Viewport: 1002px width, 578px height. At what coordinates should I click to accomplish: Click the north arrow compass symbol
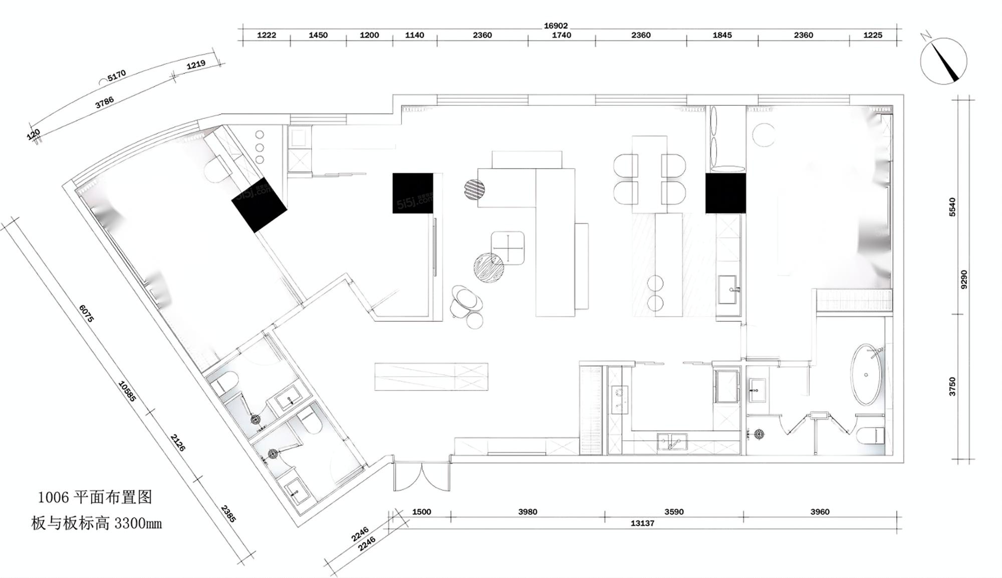coord(943,60)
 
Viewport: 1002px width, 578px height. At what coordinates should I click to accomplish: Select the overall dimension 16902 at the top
coord(556,26)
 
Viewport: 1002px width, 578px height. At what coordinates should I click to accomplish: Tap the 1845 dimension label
coord(722,35)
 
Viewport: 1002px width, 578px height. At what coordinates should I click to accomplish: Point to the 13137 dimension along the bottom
coord(642,523)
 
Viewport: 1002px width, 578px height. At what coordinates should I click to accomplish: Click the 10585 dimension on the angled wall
coord(127,391)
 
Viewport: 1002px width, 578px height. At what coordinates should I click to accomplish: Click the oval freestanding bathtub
coord(867,374)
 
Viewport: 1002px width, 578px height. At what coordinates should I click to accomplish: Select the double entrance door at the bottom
coord(422,477)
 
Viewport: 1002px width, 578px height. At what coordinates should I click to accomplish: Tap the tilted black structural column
coord(259,204)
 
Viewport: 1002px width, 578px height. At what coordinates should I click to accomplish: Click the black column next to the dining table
coord(725,193)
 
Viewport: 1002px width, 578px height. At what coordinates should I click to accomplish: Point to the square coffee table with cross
coord(508,247)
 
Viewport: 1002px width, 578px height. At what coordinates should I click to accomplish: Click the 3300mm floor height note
coord(138,523)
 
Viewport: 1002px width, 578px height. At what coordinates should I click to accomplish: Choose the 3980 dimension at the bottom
coord(528,512)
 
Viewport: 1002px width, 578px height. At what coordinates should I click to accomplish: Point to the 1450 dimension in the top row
coord(318,35)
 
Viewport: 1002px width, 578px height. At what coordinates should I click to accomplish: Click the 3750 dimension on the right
coord(952,387)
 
